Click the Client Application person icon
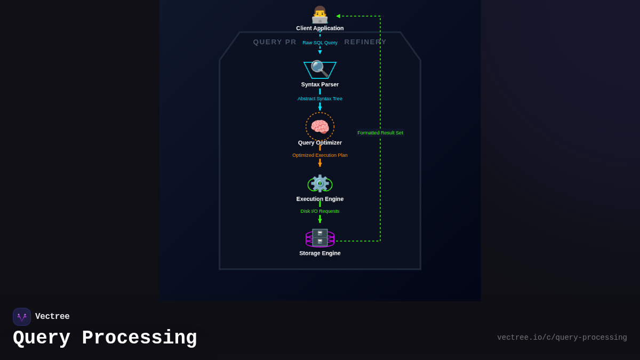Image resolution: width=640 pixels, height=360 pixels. coord(320,14)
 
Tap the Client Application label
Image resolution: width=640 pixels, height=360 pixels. coord(320,28)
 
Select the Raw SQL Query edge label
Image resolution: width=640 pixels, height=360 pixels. coord(320,43)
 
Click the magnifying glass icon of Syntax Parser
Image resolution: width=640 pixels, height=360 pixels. coord(319,69)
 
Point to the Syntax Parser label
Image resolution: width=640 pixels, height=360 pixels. coord(320,84)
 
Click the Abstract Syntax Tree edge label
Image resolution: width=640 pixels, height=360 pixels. coord(320,99)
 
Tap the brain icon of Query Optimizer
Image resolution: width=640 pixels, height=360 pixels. coord(320,127)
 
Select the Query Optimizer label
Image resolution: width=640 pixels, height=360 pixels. coord(320,143)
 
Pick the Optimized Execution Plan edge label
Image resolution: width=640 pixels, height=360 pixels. coord(320,155)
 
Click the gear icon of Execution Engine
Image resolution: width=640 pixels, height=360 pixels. coord(320,183)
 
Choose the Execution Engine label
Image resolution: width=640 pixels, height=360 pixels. coord(320,199)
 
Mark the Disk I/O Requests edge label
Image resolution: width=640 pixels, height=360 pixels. coord(320,211)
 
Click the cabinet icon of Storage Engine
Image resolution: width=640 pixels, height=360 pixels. coord(320,238)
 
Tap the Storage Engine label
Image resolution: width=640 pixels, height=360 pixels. coord(320,253)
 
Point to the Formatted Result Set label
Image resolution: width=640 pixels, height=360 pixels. coord(380,133)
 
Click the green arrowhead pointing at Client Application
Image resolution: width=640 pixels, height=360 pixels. coord(338,16)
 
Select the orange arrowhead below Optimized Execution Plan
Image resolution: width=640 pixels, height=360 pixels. coord(320,165)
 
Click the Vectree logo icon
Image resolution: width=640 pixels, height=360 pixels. coord(22,317)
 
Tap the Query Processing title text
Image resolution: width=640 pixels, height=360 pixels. coord(105,338)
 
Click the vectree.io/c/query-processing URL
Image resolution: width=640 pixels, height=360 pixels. coord(562,338)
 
